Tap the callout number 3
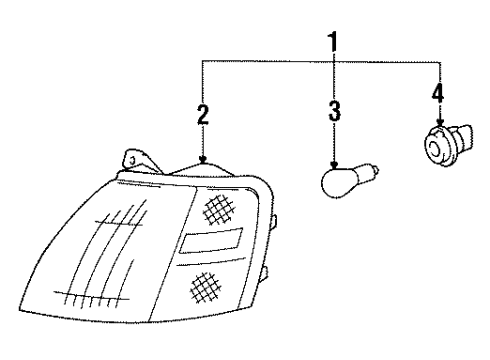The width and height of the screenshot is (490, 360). [335, 109]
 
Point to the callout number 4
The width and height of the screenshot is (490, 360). [436, 96]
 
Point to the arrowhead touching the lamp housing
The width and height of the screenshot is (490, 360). [203, 160]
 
